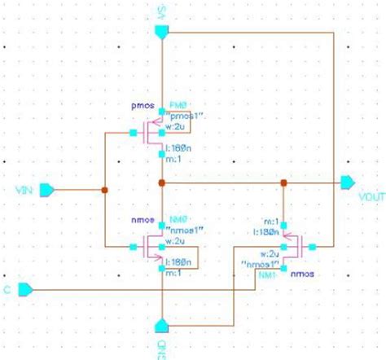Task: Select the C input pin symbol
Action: [24, 288]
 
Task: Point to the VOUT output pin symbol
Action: [348, 183]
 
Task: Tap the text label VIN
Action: [22, 191]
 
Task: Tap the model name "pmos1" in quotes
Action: [183, 116]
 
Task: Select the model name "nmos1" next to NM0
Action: [183, 230]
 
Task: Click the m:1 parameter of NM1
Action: [271, 222]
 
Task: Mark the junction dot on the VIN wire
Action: [104, 191]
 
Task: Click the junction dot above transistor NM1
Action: [282, 183]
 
